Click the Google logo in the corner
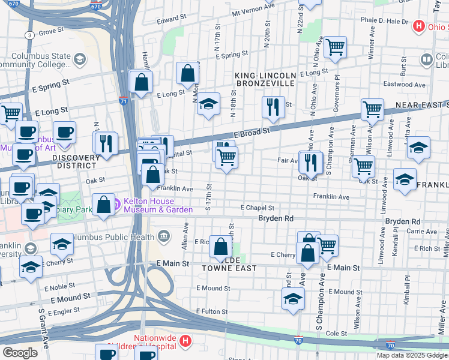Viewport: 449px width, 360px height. pyautogui.click(x=20, y=353)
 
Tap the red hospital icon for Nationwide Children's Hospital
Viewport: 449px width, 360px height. pyautogui.click(x=185, y=341)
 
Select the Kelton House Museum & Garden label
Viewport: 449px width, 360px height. pyautogui.click(x=154, y=205)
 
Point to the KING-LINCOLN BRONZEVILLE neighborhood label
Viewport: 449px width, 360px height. pyautogui.click(x=265, y=79)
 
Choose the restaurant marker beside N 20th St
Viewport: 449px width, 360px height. pyautogui.click(x=273, y=107)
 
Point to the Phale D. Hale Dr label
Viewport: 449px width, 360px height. pyautogui.click(x=384, y=20)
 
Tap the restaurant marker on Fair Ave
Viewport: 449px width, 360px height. pyautogui.click(x=310, y=161)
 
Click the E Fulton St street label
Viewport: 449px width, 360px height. pyautogui.click(x=214, y=311)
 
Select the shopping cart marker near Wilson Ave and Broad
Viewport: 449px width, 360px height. pyautogui.click(x=372, y=110)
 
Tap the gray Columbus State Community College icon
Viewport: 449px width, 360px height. pyautogui.click(x=79, y=59)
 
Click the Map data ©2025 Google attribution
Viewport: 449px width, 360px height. pyautogui.click(x=412, y=355)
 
